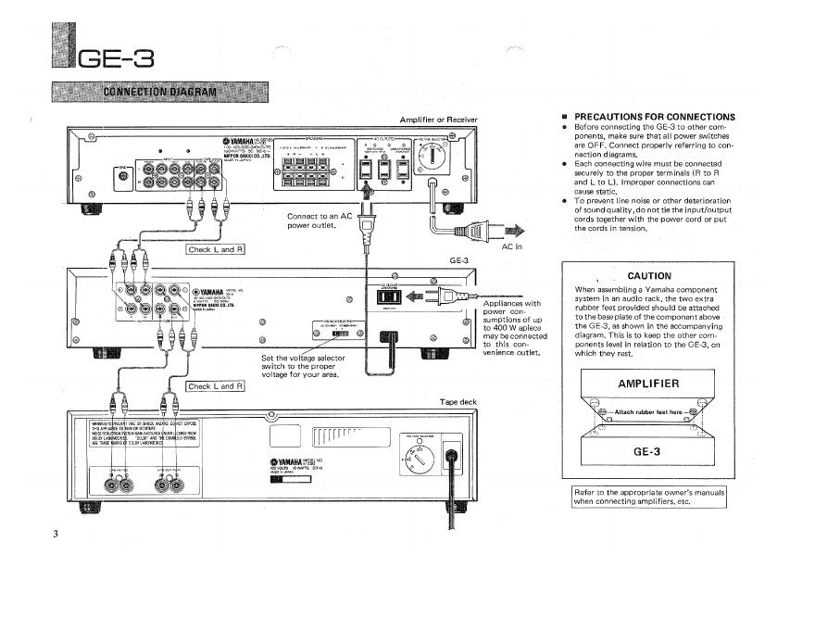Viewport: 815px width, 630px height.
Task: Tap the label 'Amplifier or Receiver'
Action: pyautogui.click(x=438, y=120)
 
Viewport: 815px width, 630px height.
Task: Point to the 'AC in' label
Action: pyautogui.click(x=512, y=247)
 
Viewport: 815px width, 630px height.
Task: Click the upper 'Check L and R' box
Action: pyautogui.click(x=216, y=248)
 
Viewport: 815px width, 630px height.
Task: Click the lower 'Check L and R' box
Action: pyautogui.click(x=215, y=385)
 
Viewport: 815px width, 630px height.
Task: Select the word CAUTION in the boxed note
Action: pyautogui.click(x=648, y=275)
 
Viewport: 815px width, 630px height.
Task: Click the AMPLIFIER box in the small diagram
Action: pyautogui.click(x=648, y=384)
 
